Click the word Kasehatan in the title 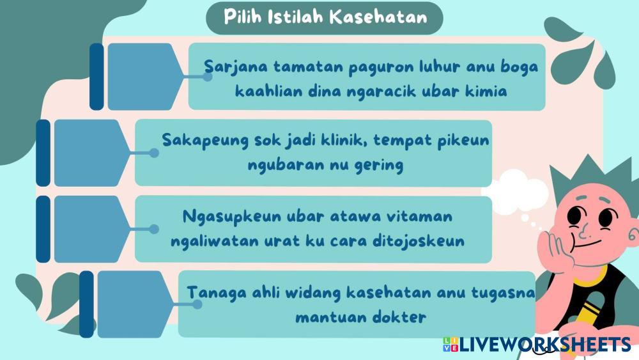pos(378,17)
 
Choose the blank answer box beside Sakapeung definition pos(92,153)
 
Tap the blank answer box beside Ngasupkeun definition pos(92,229)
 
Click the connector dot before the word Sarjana pos(208,77)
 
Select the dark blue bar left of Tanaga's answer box pos(86,304)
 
